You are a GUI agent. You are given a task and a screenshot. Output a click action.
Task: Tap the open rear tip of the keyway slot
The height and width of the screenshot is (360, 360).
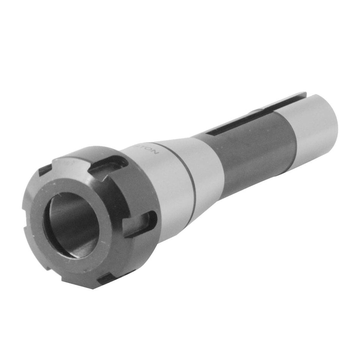[303, 95]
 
